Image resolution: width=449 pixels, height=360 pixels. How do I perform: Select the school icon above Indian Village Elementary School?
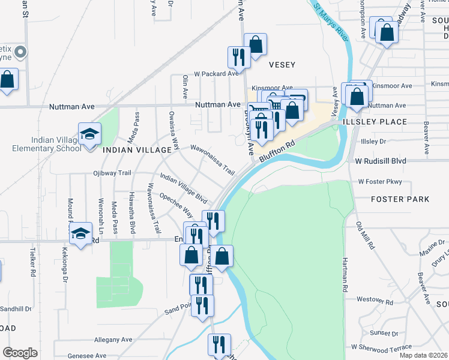tap(89, 133)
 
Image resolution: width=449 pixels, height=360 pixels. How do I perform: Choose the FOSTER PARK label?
tap(400, 199)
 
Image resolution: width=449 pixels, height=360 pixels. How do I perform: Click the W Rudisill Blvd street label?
tap(381, 161)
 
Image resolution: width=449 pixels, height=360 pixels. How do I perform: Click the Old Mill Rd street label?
tap(366, 236)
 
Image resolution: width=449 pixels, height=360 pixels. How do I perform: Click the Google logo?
tap(20, 352)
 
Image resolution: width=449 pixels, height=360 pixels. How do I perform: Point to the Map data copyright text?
tap(423, 355)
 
